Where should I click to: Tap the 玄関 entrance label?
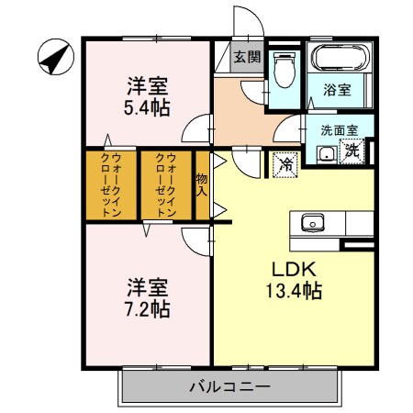pos(246,58)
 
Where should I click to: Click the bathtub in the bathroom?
pos(340,61)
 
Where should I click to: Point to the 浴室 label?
pos(338,90)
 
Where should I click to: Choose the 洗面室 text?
pos(339,130)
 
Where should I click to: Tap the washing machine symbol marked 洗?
pos(352,152)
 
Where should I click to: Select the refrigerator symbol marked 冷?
pos(286,164)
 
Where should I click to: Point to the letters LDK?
pos(293,270)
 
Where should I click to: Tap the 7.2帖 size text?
pos(147,308)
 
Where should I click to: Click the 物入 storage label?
pos(202,184)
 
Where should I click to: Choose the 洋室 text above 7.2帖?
pos(147,285)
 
